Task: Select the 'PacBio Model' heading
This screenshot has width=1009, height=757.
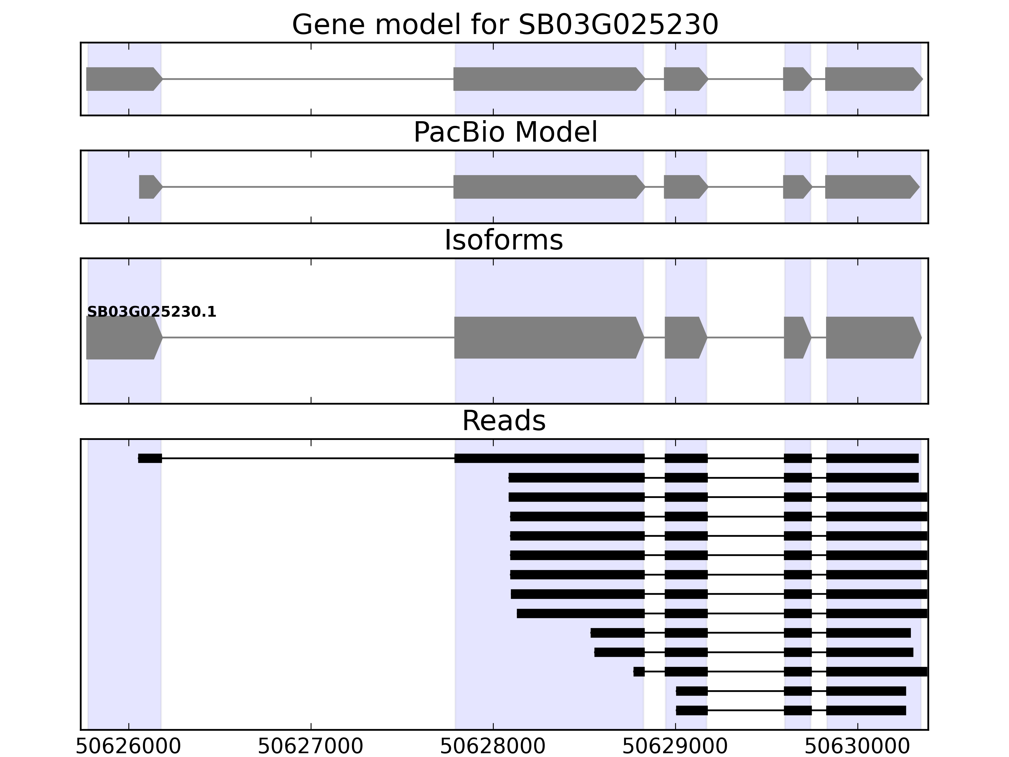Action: pos(505,133)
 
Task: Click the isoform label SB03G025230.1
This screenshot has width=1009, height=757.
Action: pos(151,312)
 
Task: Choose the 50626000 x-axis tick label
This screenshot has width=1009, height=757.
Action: pos(128,747)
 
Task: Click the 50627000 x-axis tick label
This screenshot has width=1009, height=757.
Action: pos(311,747)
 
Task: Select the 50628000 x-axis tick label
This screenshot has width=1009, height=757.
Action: pos(493,747)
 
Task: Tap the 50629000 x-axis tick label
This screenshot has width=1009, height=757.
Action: pos(675,747)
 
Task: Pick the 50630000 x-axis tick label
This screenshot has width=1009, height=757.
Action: pos(857,747)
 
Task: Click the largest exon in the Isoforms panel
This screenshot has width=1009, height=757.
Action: pos(547,338)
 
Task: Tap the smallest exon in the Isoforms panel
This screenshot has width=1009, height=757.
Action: pos(796,338)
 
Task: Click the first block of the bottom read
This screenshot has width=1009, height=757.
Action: pos(691,710)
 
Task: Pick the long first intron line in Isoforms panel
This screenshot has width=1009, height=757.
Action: pos(308,338)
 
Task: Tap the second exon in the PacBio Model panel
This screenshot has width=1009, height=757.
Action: pos(547,187)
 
